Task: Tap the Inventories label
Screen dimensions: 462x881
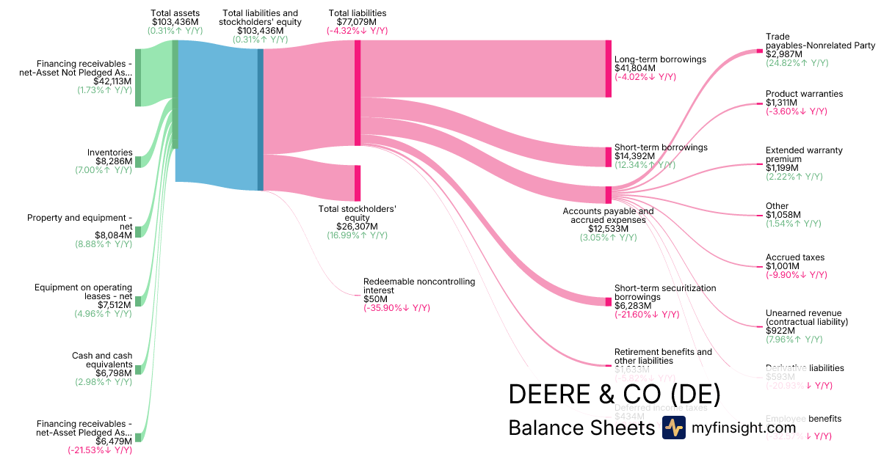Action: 110,153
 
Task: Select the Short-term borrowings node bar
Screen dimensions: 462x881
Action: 608,157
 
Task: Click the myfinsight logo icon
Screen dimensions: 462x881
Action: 673,428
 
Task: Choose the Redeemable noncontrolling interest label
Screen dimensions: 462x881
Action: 419,286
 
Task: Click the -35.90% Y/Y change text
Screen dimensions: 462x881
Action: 396,308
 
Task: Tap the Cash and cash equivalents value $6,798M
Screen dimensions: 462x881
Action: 113,373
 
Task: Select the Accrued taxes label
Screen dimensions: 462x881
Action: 795,257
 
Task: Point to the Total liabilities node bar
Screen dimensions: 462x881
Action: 358,93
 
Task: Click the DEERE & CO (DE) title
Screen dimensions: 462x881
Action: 614,394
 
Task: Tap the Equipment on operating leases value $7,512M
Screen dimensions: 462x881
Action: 113,305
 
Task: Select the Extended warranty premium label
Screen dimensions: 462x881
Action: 804,155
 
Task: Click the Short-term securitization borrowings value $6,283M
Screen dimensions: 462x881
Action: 632,306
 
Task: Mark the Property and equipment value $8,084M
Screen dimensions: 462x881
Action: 113,235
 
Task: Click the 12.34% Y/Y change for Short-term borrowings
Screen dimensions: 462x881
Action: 645,165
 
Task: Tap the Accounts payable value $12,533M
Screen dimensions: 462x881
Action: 607,229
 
